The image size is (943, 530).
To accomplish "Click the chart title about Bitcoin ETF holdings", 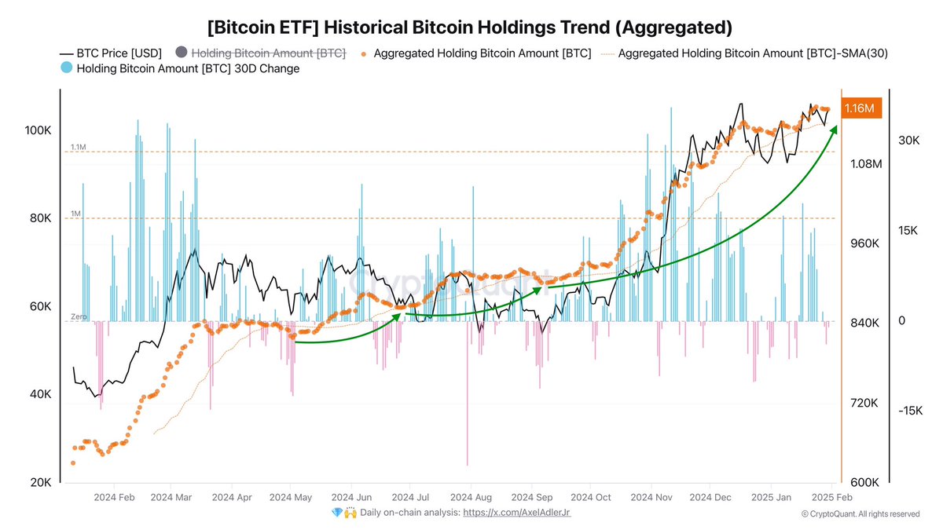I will (x=470, y=27).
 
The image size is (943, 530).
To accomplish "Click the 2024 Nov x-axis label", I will (x=651, y=497).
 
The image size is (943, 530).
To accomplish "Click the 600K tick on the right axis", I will (x=866, y=483).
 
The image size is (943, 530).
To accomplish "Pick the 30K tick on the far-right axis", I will (x=909, y=141).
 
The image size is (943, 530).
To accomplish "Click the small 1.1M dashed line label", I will (x=78, y=147).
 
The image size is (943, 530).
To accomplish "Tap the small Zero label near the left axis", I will (x=78, y=316).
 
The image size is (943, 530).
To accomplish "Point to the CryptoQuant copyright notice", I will (x=860, y=514).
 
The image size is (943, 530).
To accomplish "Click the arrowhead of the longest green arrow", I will (x=834, y=127).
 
